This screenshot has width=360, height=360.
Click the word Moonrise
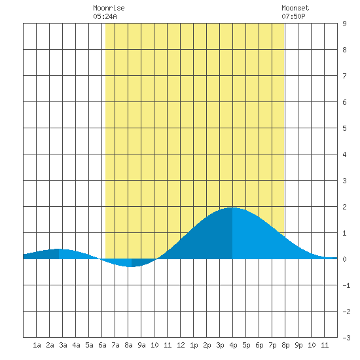(x=109, y=8)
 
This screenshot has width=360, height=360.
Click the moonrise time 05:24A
(x=105, y=16)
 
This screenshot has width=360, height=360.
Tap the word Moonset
(x=295, y=8)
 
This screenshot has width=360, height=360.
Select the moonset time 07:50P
(x=293, y=16)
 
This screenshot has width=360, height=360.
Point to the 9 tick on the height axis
(x=344, y=24)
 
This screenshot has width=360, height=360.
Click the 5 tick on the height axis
(x=344, y=128)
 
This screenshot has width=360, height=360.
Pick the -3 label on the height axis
(x=346, y=338)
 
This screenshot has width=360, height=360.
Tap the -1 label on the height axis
(x=346, y=285)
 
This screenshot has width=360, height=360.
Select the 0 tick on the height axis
(x=344, y=259)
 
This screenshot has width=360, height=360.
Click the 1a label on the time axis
(x=37, y=345)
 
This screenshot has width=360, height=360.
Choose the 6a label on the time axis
(x=102, y=345)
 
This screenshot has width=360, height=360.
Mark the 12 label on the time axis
(x=181, y=345)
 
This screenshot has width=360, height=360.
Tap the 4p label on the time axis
(x=233, y=345)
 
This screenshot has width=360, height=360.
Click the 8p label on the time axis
(x=285, y=345)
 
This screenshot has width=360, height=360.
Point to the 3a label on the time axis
(x=63, y=345)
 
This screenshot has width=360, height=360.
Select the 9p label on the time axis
(x=298, y=345)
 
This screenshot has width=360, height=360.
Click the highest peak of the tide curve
(x=232, y=207)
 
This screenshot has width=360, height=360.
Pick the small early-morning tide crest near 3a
(x=59, y=249)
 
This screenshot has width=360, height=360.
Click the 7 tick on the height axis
(x=344, y=76)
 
